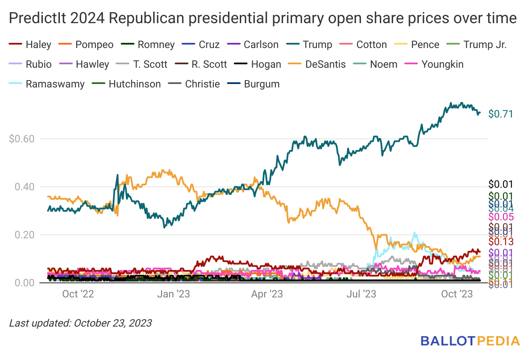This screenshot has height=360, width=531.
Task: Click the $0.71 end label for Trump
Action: click(501, 114)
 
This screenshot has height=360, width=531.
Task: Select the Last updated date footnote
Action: click(81, 323)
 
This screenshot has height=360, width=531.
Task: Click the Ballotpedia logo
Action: click(470, 341)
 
